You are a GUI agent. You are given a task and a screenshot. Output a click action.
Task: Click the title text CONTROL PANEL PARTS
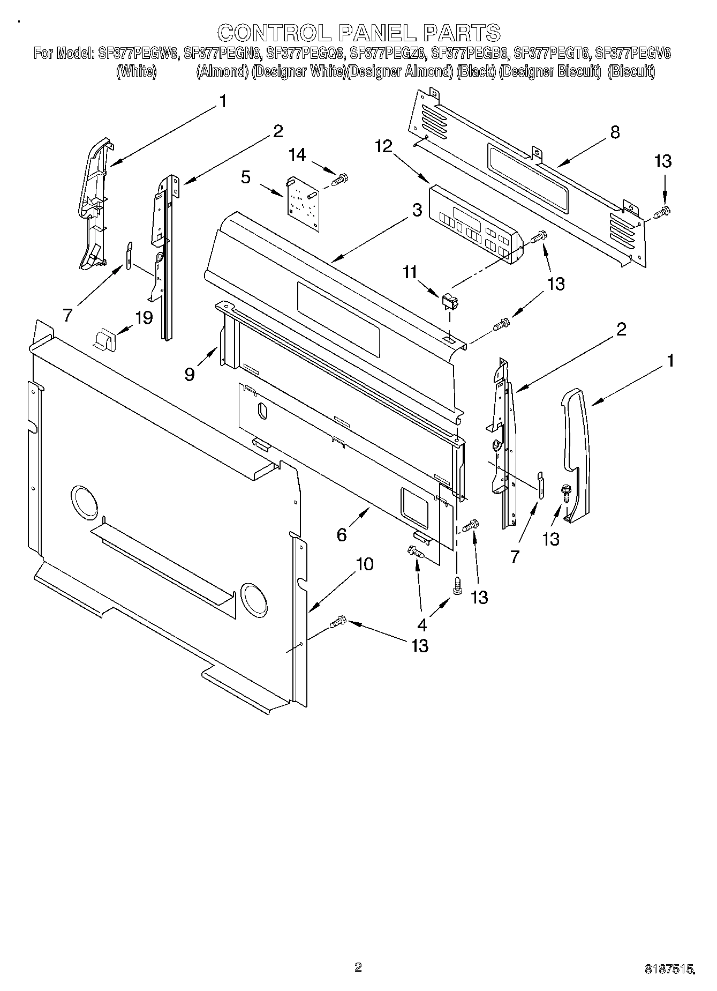[358, 33]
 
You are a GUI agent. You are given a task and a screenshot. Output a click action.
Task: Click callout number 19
[144, 317]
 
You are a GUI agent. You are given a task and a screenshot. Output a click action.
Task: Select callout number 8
[615, 132]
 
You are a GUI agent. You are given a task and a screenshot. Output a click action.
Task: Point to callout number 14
[297, 155]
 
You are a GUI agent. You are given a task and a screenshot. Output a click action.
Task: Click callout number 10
[365, 564]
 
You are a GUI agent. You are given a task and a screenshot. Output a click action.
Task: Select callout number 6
[342, 534]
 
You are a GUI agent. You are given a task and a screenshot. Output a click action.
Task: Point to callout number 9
[190, 374]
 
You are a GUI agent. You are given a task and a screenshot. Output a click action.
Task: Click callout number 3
[417, 211]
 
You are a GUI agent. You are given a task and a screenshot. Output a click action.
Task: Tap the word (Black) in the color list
[474, 71]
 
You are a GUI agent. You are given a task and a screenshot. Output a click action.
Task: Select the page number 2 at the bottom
[358, 952]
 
